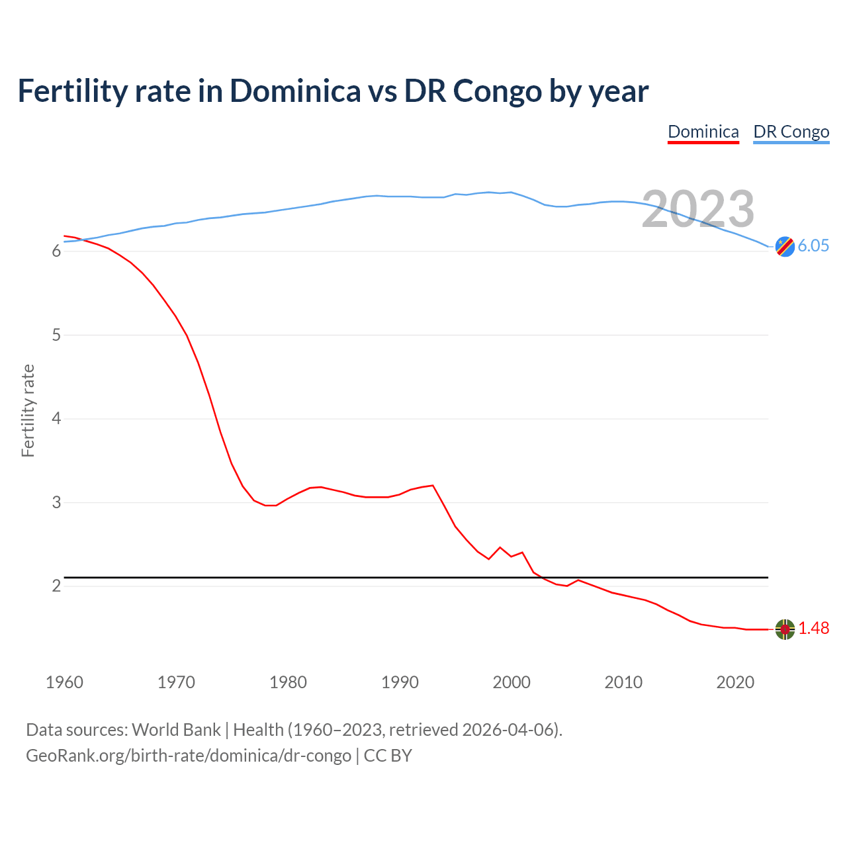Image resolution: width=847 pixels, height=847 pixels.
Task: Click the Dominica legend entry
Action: click(x=703, y=132)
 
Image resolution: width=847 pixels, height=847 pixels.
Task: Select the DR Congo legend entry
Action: click(x=791, y=132)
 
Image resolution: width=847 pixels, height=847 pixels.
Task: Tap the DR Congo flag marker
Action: click(x=785, y=246)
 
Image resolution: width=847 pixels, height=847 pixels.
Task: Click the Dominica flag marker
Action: click(x=785, y=629)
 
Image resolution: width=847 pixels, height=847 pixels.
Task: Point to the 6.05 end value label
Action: click(x=813, y=245)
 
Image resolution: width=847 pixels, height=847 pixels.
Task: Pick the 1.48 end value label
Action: click(x=813, y=628)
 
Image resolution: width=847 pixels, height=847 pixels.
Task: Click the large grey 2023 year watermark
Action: click(x=698, y=209)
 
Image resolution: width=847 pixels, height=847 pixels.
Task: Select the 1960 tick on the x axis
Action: click(x=64, y=682)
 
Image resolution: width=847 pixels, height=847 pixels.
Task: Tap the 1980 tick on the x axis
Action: click(x=288, y=682)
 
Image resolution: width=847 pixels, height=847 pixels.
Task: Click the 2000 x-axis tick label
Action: click(x=512, y=682)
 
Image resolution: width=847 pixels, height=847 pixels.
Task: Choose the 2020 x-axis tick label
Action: click(x=735, y=682)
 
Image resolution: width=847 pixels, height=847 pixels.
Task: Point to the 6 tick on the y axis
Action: click(x=56, y=251)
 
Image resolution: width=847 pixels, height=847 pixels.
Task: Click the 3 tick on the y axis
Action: click(x=56, y=502)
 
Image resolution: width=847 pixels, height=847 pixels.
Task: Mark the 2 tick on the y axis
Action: click(x=56, y=586)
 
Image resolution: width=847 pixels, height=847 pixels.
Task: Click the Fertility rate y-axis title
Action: click(x=28, y=410)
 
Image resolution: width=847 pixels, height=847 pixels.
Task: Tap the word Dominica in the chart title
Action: click(x=295, y=91)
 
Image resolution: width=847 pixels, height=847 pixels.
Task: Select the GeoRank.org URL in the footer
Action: click(x=189, y=755)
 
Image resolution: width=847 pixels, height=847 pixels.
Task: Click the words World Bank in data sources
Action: click(x=176, y=729)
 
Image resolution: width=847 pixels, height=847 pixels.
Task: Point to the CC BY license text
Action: click(x=388, y=755)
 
